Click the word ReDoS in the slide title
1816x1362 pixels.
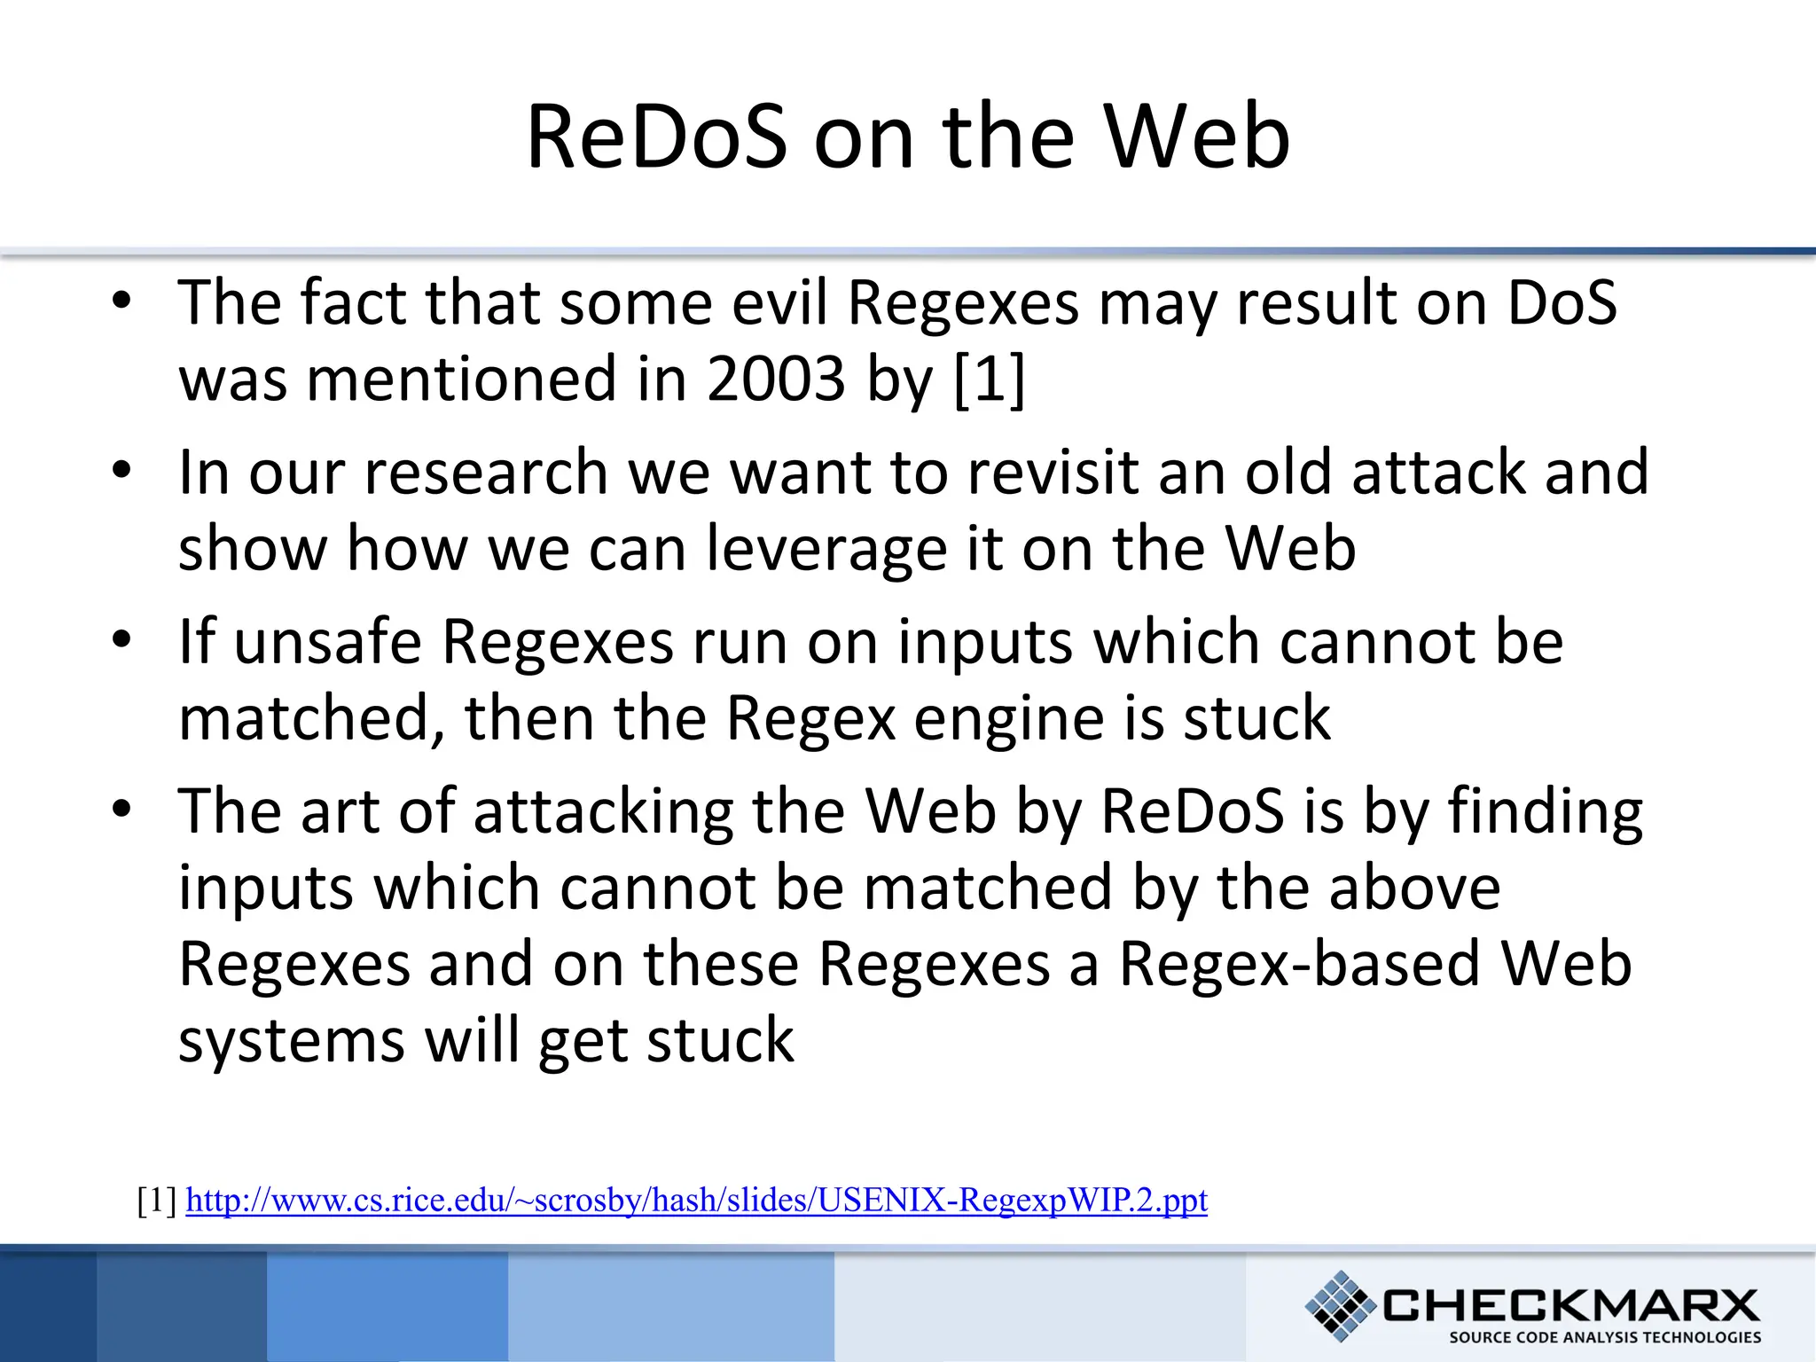[656, 137]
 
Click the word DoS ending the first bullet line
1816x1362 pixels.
[1562, 303]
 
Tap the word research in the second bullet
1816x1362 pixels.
[486, 473]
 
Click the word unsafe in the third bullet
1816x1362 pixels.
[328, 642]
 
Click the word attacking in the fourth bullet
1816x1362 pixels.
[603, 813]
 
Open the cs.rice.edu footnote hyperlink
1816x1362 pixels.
[696, 1201]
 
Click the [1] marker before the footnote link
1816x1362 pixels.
[158, 1201]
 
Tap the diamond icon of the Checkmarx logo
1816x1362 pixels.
[1340, 1305]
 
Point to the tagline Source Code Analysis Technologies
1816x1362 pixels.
[1605, 1337]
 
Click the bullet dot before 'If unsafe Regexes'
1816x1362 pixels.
[121, 639]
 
